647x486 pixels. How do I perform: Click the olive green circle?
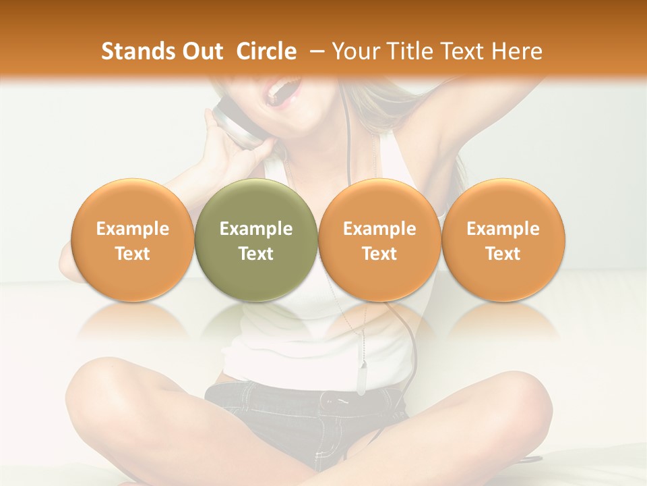point(256,240)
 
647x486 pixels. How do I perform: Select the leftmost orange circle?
point(133,240)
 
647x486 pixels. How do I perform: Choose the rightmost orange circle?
point(503,240)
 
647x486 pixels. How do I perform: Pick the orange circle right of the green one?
point(379,240)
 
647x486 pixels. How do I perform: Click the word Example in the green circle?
point(256,229)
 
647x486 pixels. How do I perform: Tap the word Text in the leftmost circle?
point(133,254)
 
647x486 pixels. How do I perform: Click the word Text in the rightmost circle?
point(503,254)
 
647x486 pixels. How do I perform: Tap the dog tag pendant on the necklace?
point(362,378)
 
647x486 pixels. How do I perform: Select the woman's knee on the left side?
point(101,391)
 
